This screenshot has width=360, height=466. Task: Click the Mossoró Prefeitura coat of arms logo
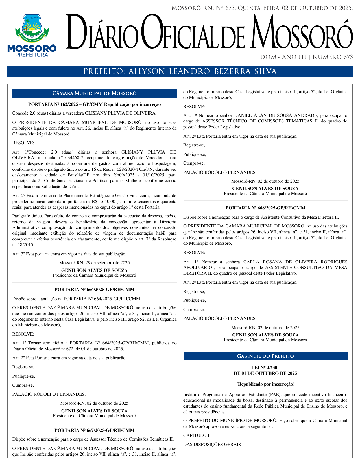click(32, 28)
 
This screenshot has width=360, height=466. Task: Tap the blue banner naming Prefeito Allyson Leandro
click(180, 71)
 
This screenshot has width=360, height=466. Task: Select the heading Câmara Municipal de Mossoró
click(95, 93)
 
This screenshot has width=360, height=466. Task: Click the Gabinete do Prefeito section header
click(265, 356)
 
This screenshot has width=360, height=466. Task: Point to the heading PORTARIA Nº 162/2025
click(94, 104)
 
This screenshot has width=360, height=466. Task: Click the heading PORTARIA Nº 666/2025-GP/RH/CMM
click(94, 290)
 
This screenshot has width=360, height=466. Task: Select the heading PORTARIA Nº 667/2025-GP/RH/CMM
click(94, 430)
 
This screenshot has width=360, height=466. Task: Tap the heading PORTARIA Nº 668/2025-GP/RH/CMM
click(265, 208)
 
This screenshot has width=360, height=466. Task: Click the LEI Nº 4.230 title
click(265, 368)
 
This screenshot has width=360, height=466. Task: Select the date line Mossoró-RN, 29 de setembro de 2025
click(94, 263)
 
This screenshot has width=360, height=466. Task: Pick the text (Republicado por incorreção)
click(265, 384)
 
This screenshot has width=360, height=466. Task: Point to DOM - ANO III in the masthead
click(283, 57)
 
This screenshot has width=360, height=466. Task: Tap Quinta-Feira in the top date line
click(259, 8)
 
